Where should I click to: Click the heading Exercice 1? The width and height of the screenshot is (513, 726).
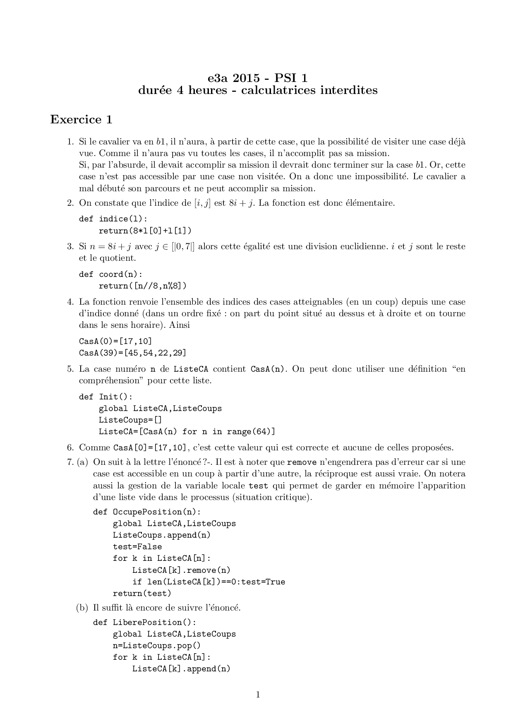coord(81,120)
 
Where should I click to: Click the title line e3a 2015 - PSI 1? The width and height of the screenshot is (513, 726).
coord(258,78)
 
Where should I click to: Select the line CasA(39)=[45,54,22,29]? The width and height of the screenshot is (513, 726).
coord(132,353)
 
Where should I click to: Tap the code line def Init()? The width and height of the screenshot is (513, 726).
coord(105,397)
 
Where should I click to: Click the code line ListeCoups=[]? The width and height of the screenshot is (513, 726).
coord(130,420)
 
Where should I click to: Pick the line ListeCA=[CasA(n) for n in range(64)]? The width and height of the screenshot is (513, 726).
coord(187,432)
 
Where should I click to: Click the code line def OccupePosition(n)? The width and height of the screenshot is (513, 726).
coord(147,512)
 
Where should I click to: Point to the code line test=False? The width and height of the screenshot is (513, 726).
coord(137,546)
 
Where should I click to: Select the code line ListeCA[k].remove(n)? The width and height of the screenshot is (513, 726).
coord(181,570)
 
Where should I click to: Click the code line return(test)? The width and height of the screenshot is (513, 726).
coord(142,593)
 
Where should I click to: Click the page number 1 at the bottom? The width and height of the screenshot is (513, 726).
coord(258,695)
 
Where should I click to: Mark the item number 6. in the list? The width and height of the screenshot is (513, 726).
coord(70,447)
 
